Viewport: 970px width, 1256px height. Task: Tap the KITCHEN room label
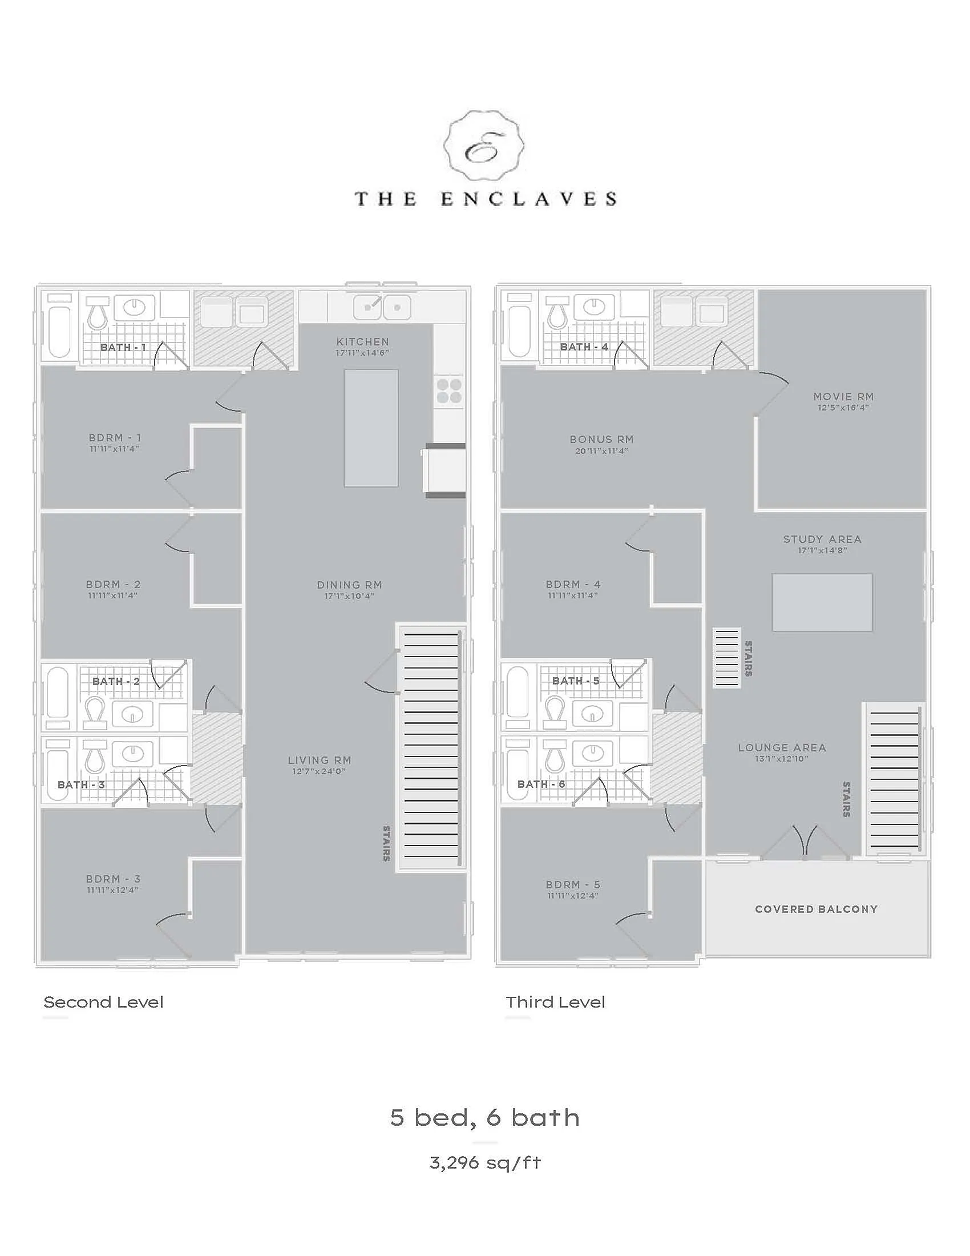pos(362,341)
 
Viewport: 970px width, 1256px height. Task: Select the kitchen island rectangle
pos(371,428)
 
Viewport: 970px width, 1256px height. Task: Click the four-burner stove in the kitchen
pos(448,391)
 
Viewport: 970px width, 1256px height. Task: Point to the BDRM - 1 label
pos(114,438)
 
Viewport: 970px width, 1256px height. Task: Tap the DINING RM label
pos(349,585)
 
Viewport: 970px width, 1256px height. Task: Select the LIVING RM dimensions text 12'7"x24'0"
pos(319,771)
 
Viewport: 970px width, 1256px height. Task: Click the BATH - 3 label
pos(81,784)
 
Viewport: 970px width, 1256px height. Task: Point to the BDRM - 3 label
pos(113,879)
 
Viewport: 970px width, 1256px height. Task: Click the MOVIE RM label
pos(843,396)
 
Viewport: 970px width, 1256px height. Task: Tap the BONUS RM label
pos(601,440)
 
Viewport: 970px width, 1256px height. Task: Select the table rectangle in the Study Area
pos(822,602)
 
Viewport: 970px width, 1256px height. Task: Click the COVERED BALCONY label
pos(816,909)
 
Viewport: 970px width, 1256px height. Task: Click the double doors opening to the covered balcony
pos(805,843)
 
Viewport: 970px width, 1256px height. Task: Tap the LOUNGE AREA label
pos(782,748)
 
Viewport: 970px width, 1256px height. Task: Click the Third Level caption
pos(555,1003)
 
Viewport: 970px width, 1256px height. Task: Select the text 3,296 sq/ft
pos(485,1163)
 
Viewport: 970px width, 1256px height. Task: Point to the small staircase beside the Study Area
pos(726,657)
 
